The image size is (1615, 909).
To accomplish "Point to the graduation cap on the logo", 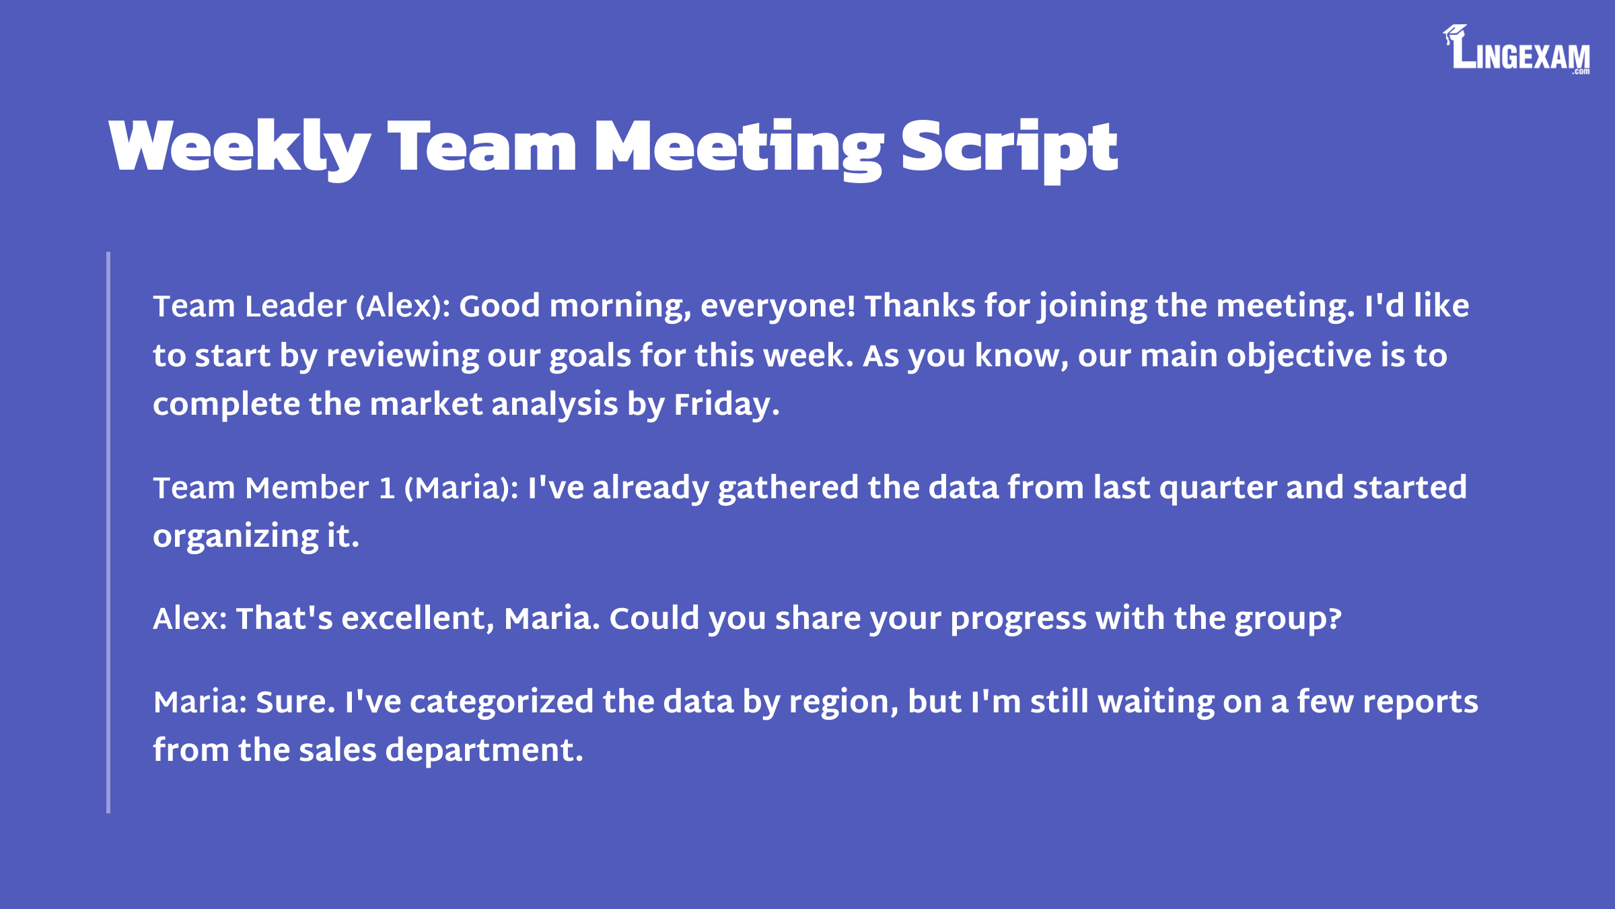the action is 1454,34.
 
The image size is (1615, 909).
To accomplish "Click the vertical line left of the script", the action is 108,532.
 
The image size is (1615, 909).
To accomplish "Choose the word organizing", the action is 236,537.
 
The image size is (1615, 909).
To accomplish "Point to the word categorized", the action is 501,702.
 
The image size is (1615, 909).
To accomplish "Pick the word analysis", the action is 554,405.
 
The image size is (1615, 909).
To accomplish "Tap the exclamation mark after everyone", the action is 851,306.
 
